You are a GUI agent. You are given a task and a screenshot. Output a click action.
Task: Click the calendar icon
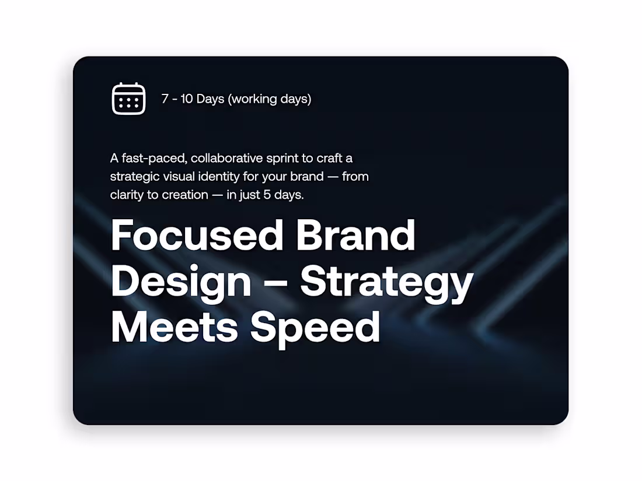128,99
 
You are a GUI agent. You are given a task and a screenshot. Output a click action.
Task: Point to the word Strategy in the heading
386,282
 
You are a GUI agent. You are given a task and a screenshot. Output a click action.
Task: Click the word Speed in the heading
316,328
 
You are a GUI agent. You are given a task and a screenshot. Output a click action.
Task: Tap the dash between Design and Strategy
275,282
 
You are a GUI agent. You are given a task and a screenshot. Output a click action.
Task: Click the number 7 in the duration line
165,99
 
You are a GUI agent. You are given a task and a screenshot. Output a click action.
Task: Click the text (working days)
270,99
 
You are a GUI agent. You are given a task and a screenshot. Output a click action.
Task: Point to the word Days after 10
211,99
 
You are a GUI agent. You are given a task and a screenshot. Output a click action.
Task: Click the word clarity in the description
127,195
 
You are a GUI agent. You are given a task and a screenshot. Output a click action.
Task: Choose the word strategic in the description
134,177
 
